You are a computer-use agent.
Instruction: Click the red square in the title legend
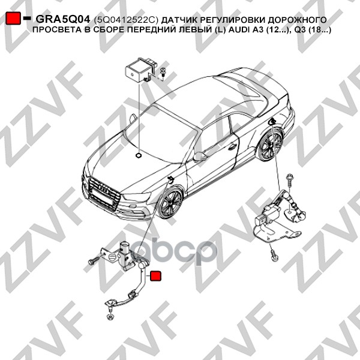13,18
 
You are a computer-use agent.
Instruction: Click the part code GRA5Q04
62,20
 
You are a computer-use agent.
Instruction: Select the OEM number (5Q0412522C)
126,20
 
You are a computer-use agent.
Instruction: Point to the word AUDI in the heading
236,30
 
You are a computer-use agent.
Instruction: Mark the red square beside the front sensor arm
155,276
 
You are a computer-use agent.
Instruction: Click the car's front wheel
170,203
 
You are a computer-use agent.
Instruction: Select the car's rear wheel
271,145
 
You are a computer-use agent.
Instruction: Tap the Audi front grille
104,193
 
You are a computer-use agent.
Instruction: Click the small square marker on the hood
139,155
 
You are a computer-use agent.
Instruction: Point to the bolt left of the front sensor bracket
94,260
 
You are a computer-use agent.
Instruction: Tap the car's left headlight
137,197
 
